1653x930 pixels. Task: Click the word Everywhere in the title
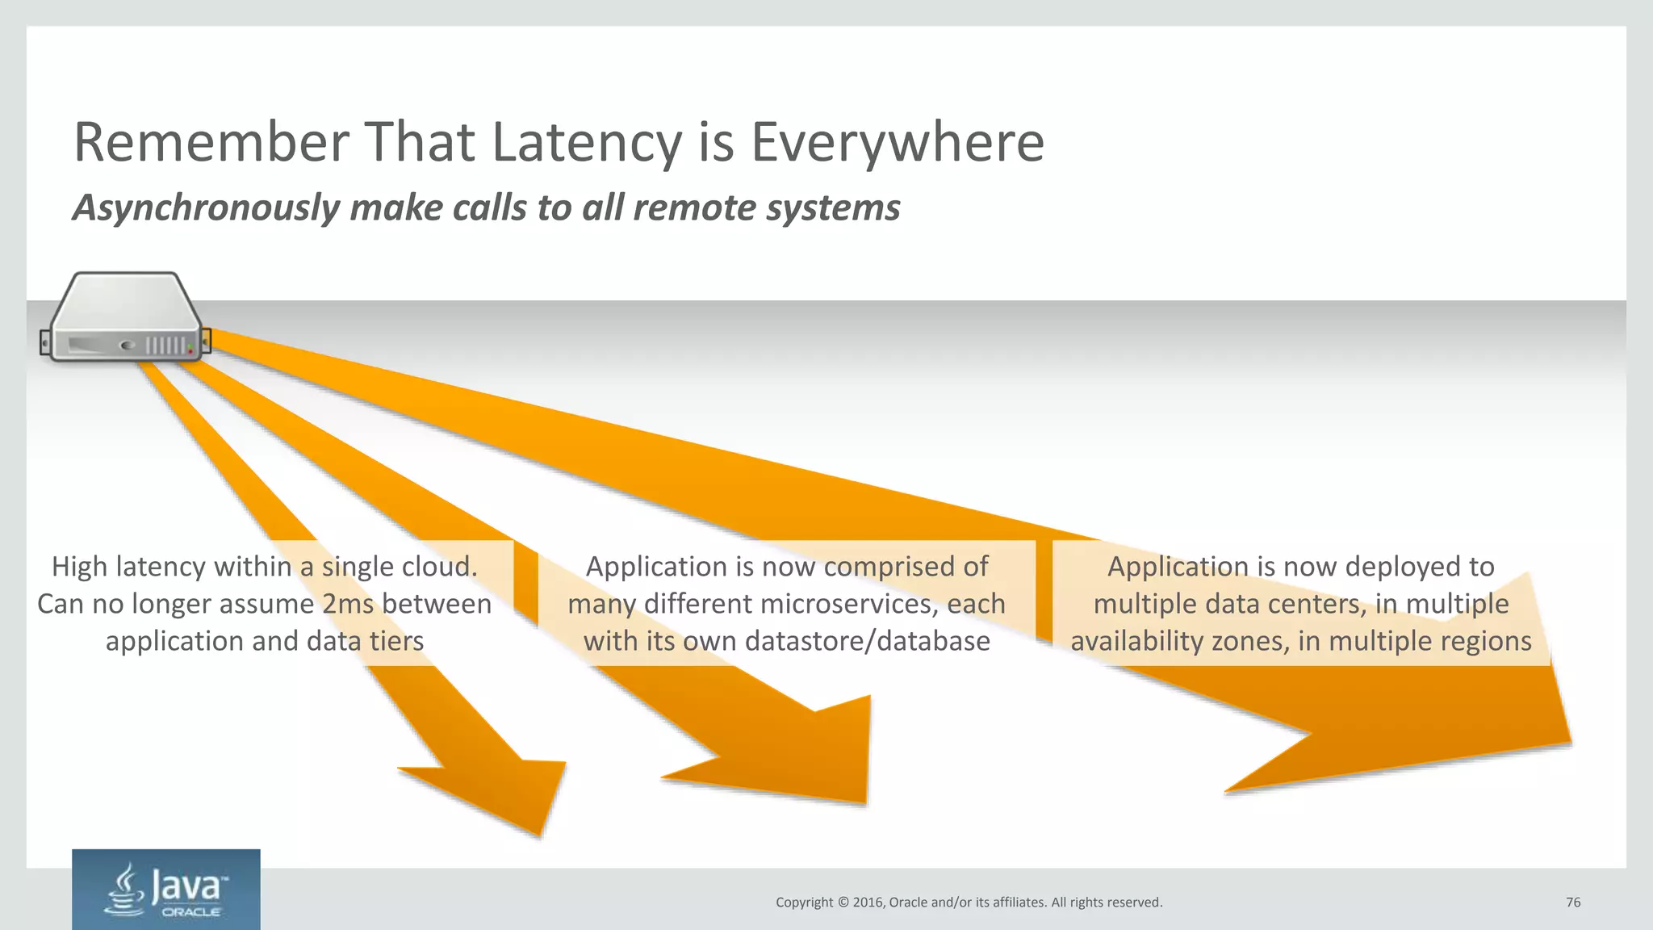(898, 143)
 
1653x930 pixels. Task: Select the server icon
(125, 316)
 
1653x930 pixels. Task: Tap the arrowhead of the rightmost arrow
(1453, 727)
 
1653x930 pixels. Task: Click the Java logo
(165, 889)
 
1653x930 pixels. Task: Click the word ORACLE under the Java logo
(191, 912)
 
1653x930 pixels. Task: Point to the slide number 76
(1573, 903)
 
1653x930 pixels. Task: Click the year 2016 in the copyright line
(868, 903)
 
